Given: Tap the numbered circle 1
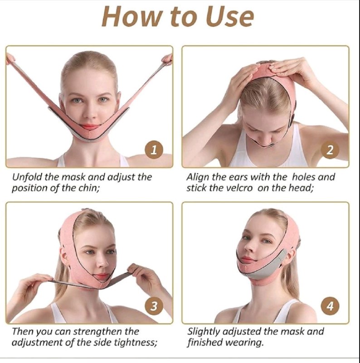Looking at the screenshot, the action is [154, 150].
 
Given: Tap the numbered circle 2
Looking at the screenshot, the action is [330, 150].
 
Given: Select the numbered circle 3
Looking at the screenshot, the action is [154, 306].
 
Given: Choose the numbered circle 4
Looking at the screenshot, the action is [330, 306].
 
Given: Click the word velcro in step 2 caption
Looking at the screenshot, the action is [239, 188].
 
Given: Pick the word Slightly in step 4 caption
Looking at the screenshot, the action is [204, 332].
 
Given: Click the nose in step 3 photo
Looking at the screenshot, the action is [102, 262].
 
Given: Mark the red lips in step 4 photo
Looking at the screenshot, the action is [247, 259].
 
